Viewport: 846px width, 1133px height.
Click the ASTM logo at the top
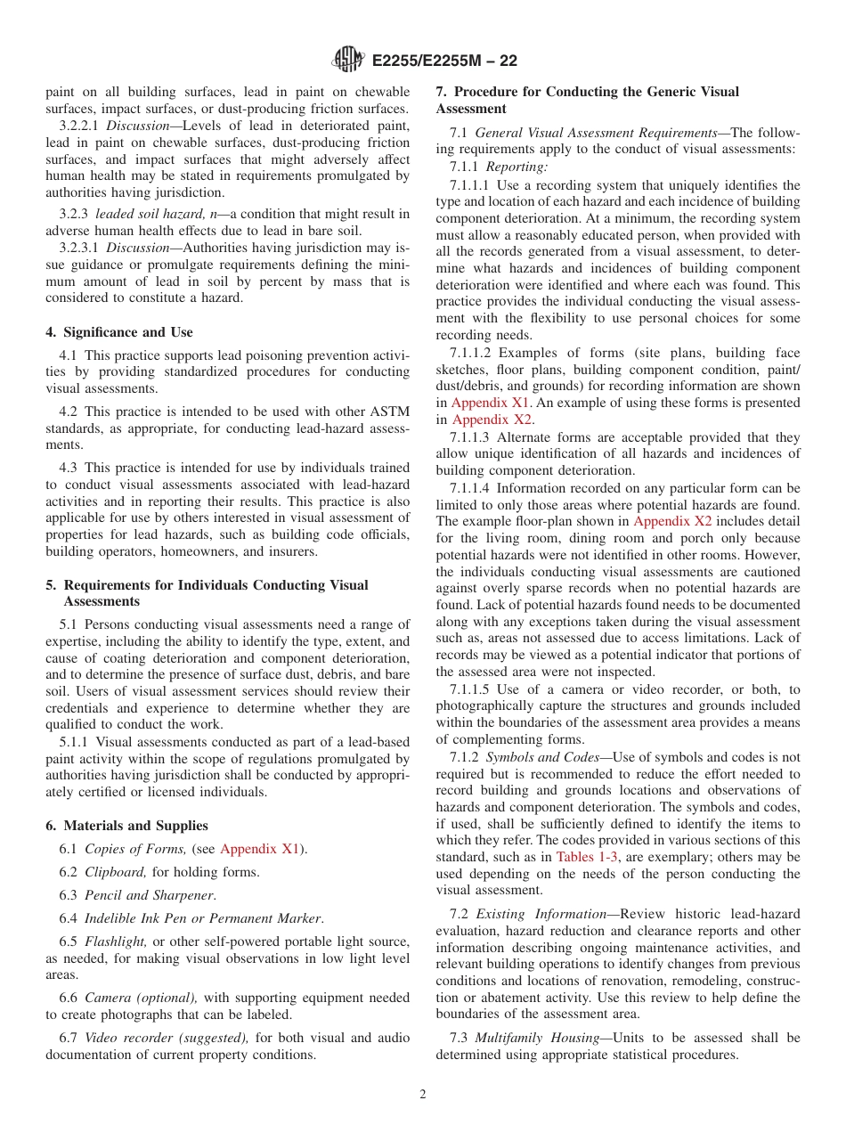[348, 60]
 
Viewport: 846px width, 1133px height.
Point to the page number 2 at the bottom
[423, 1094]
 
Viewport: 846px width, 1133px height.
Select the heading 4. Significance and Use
[119, 332]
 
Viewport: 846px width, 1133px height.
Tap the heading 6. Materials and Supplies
[127, 826]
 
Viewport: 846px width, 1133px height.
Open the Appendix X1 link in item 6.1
[259, 849]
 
